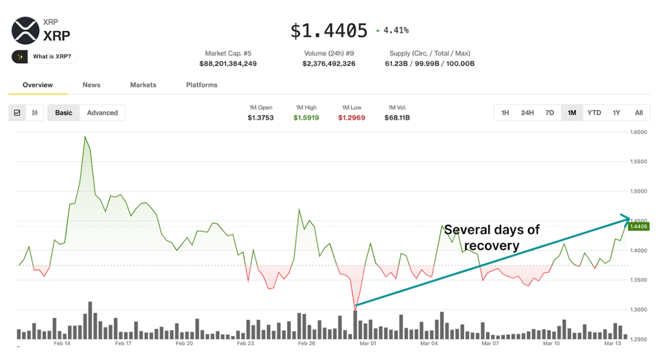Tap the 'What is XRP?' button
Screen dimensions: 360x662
(44, 57)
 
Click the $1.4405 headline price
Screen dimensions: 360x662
(328, 30)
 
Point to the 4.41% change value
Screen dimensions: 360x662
(396, 30)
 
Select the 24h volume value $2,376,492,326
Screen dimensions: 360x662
(328, 63)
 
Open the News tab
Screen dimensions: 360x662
(91, 85)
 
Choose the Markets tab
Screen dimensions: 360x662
(143, 85)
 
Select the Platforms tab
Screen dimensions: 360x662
(202, 85)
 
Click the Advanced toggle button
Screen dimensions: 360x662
(102, 112)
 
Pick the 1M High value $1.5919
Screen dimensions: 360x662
(306, 118)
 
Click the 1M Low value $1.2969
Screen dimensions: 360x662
(351, 118)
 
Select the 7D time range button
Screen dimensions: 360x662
(550, 112)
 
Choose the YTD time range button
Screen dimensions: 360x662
(594, 112)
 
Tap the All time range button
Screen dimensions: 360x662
(639, 112)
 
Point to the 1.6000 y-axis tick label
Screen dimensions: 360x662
(639, 132)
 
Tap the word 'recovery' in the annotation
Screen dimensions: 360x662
(491, 246)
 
